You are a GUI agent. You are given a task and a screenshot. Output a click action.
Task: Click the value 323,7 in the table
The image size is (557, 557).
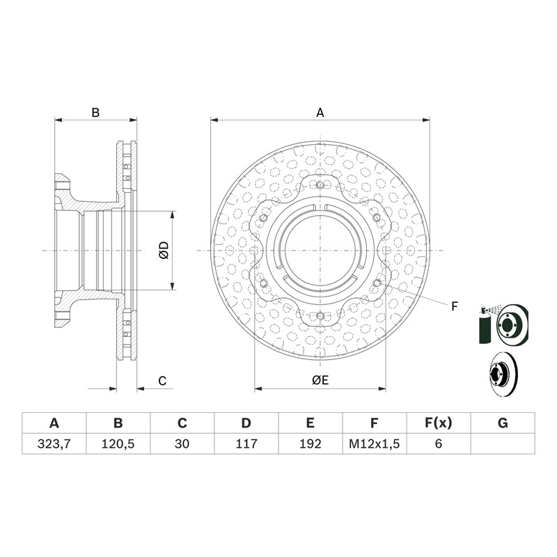[54, 444]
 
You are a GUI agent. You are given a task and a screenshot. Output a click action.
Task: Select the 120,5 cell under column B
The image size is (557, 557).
[118, 444]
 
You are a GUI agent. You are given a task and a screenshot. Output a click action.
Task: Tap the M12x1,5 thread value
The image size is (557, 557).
[374, 444]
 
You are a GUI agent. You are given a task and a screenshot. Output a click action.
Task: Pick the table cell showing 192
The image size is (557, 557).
[310, 444]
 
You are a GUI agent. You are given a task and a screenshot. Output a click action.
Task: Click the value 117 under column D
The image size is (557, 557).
[246, 444]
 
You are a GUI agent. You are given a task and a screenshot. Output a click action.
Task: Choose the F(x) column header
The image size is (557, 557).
[439, 423]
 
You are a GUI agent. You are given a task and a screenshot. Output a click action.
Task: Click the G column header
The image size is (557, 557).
[503, 423]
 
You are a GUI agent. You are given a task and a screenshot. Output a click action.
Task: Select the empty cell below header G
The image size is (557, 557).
[503, 444]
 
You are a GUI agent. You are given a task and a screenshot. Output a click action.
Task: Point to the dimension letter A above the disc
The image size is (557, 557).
[320, 113]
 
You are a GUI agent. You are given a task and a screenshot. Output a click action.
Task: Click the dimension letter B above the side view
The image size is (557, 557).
[95, 113]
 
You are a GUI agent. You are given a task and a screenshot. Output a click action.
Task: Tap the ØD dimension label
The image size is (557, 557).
[164, 250]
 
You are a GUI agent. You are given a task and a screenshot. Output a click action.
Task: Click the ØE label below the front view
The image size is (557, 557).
[320, 380]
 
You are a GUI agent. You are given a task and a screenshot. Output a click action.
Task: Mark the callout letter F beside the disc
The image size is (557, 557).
[455, 306]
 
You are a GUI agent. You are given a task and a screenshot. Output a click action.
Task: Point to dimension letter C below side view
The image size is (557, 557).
[162, 381]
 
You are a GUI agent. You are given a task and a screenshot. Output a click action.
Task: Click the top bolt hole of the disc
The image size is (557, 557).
[320, 185]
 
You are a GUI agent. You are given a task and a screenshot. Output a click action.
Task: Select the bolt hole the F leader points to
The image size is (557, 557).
[377, 283]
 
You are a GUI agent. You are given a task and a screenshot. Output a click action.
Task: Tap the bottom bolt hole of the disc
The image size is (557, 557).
[320, 315]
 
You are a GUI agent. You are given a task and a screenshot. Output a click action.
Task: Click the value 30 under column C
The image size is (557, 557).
[182, 444]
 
